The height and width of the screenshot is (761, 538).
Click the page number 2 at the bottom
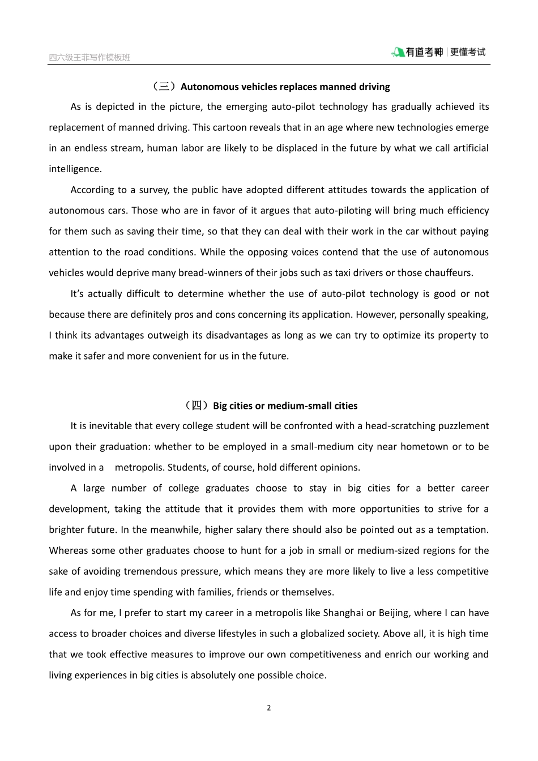269,708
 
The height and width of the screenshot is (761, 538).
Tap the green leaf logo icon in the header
398,52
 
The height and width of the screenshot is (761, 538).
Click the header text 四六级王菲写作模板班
89,57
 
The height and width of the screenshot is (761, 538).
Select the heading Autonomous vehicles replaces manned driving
285,87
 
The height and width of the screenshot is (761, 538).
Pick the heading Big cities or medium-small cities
285,405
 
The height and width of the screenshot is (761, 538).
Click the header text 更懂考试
468,52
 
